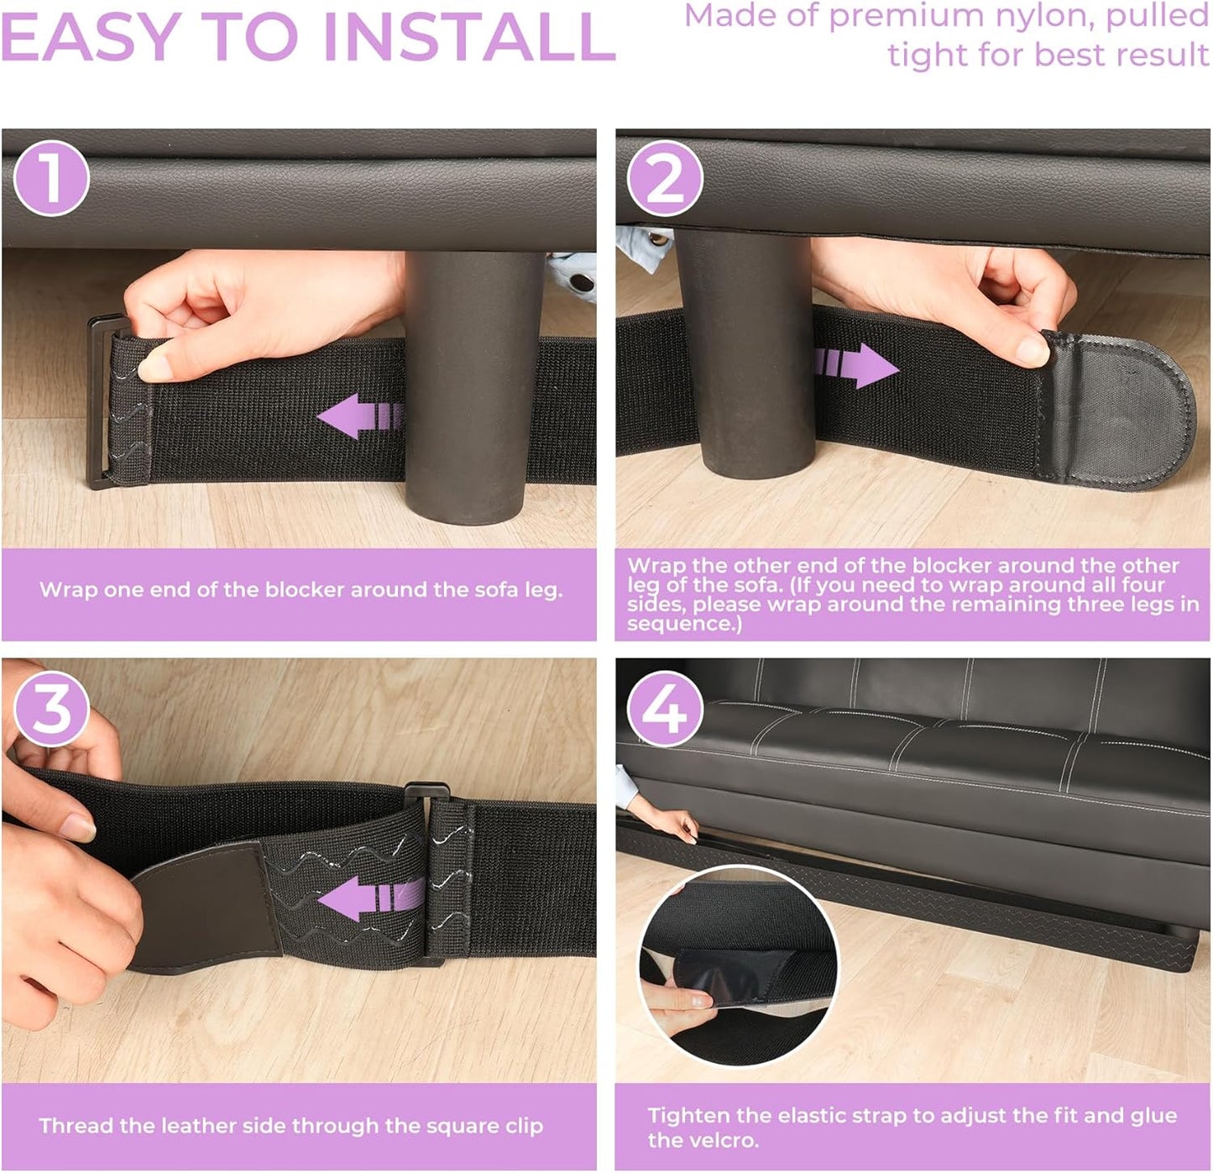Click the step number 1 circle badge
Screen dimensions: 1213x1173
pyautogui.click(x=52, y=179)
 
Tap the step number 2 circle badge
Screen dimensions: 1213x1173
pyautogui.click(x=665, y=179)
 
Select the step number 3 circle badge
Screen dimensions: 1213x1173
pyautogui.click(x=52, y=709)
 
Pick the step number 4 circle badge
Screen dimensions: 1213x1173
pyautogui.click(x=665, y=709)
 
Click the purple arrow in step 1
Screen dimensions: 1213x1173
pyautogui.click(x=359, y=416)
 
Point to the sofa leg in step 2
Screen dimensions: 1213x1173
pyautogui.click(x=743, y=353)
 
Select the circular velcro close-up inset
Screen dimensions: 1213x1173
pyautogui.click(x=739, y=966)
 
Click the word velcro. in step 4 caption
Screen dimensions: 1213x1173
pyautogui.click(x=703, y=1140)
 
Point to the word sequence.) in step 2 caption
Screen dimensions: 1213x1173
pyautogui.click(x=684, y=624)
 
